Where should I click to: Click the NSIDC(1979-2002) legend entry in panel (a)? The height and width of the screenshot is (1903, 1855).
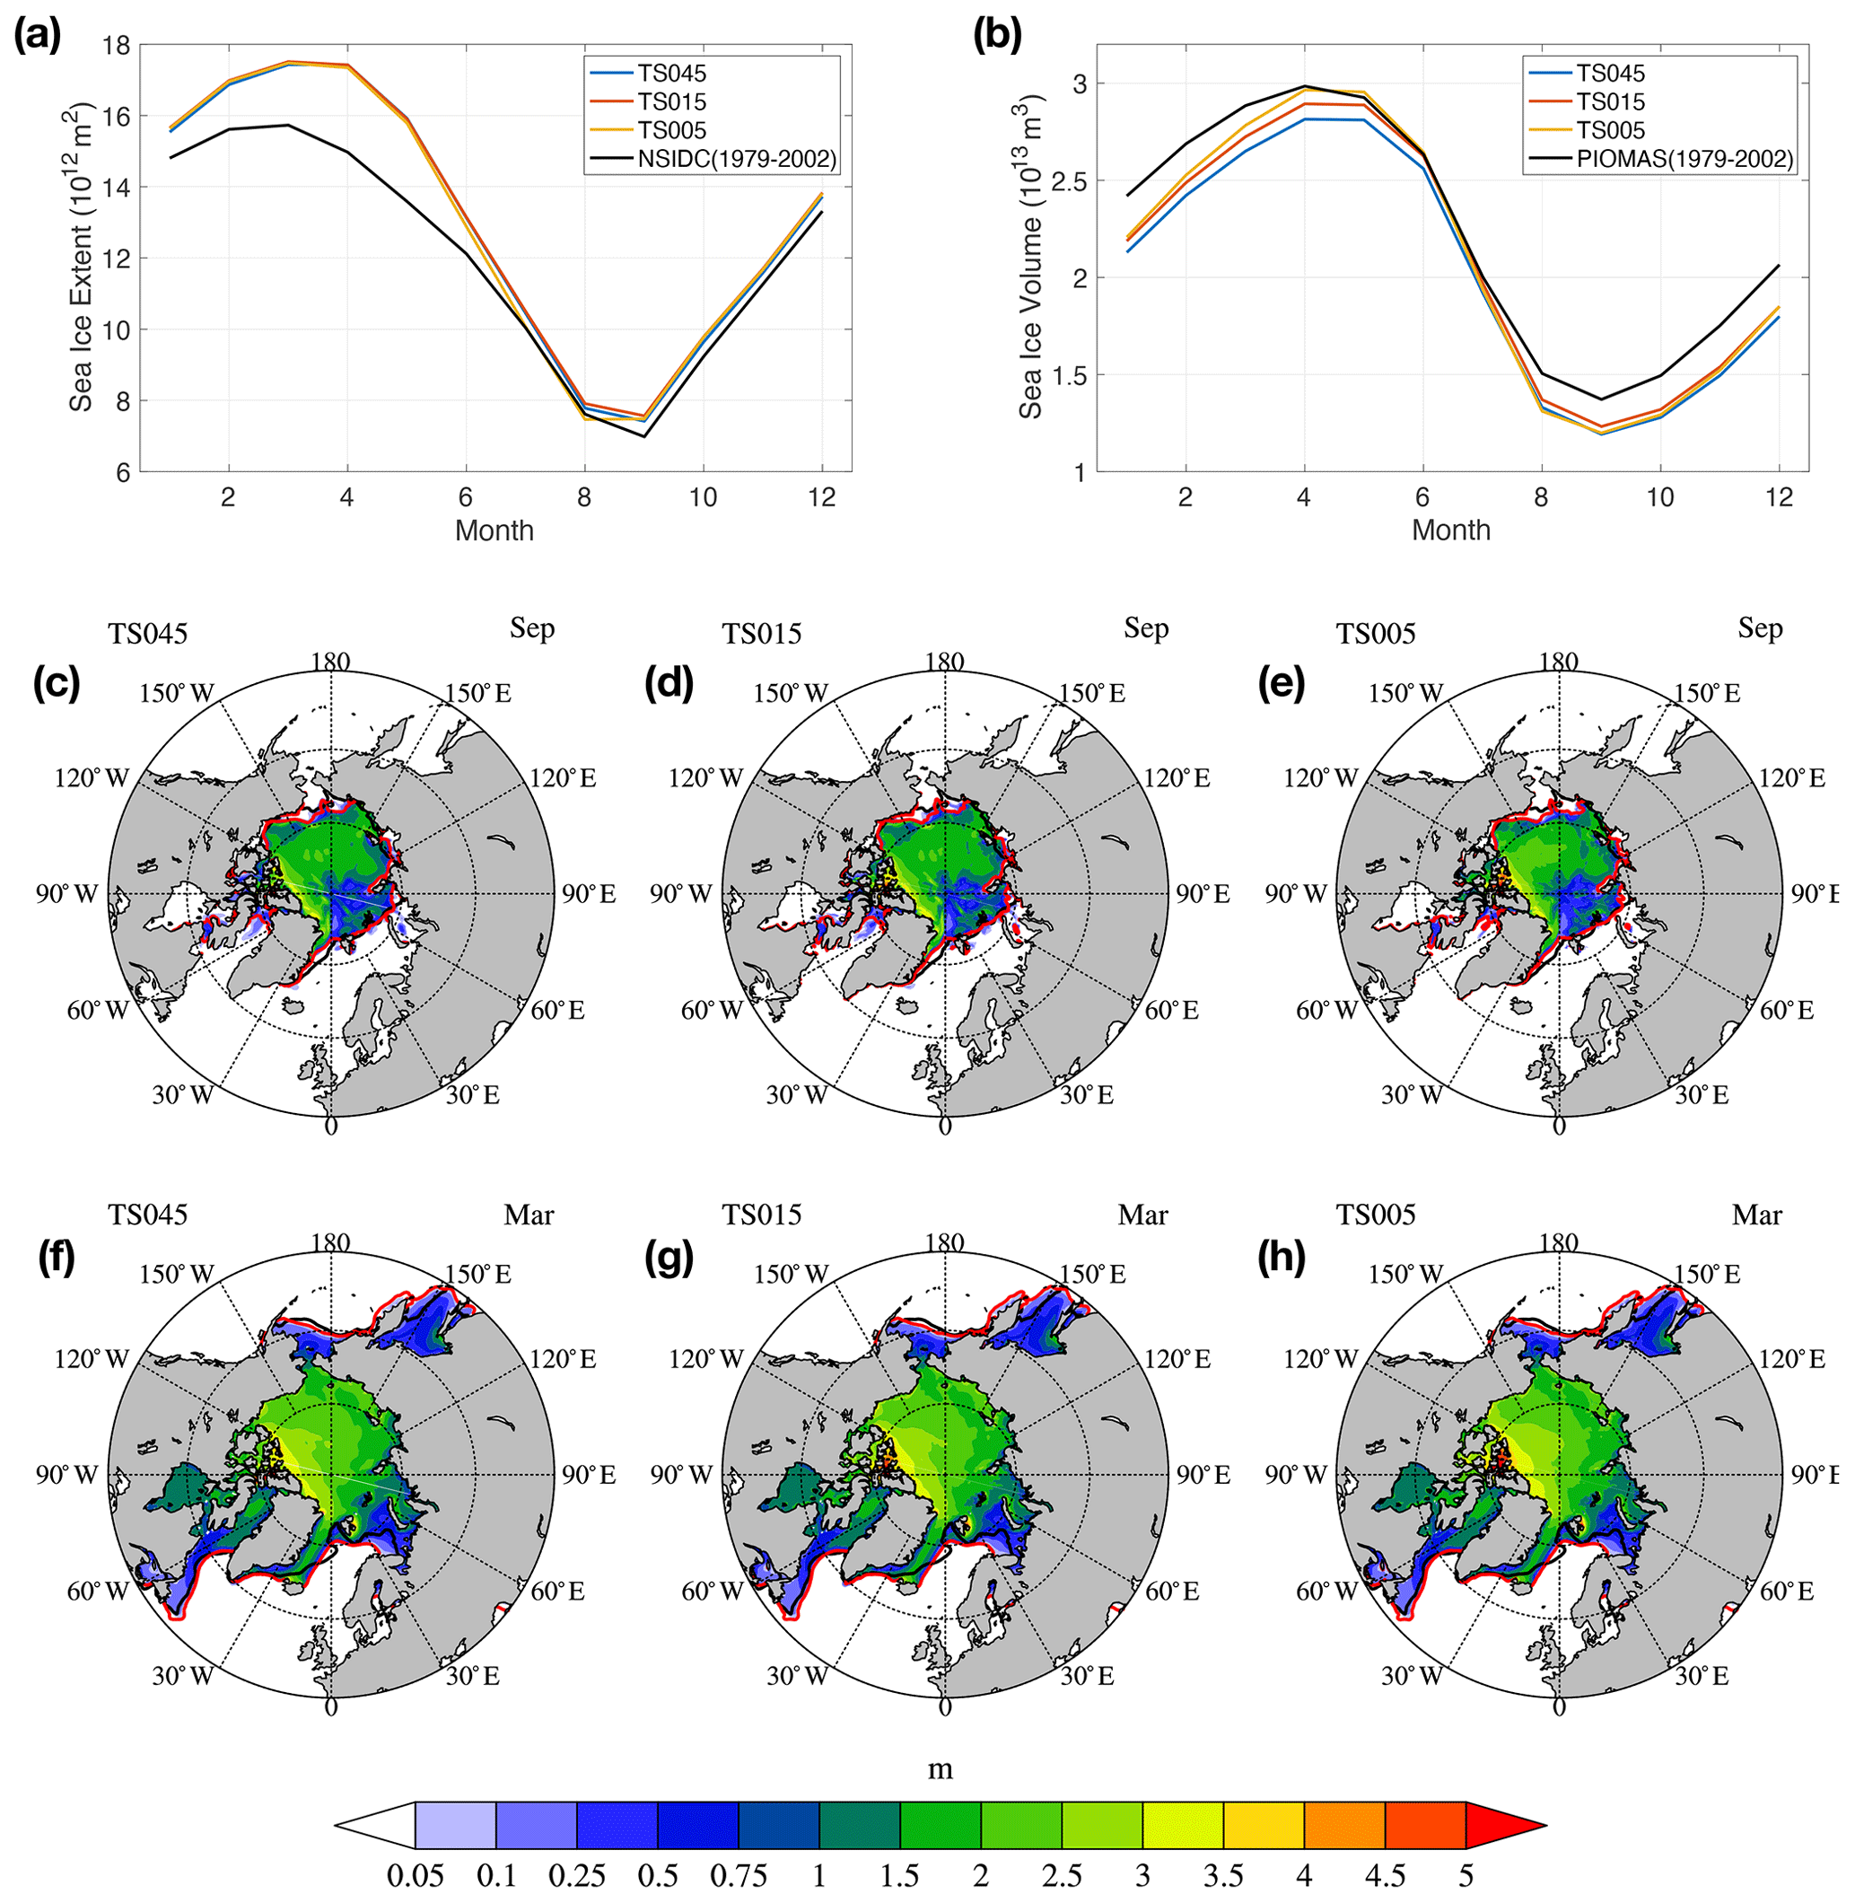[x=737, y=159]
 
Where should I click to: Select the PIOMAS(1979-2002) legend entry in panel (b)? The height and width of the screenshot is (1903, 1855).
[x=1684, y=159]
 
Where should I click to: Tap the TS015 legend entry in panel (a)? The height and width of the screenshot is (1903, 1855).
[x=671, y=101]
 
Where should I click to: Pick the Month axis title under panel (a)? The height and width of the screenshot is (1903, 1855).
[x=494, y=531]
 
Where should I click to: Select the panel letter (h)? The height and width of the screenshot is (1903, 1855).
[x=1282, y=1258]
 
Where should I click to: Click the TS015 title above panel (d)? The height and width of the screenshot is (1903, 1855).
[x=761, y=634]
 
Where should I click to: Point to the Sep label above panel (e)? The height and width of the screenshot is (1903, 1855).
[x=1760, y=628]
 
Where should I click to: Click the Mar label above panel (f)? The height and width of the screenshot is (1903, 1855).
[x=528, y=1215]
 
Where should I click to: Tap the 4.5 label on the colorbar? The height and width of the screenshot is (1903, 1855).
[x=1385, y=1875]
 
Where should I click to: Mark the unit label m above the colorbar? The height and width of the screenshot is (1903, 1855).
[x=940, y=1769]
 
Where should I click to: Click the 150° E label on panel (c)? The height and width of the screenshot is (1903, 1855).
[x=477, y=693]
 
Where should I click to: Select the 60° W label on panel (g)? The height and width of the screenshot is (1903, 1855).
[x=711, y=1592]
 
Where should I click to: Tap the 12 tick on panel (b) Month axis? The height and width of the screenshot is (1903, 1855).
[x=1778, y=497]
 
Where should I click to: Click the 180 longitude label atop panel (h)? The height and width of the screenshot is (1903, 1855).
[x=1558, y=1242]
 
